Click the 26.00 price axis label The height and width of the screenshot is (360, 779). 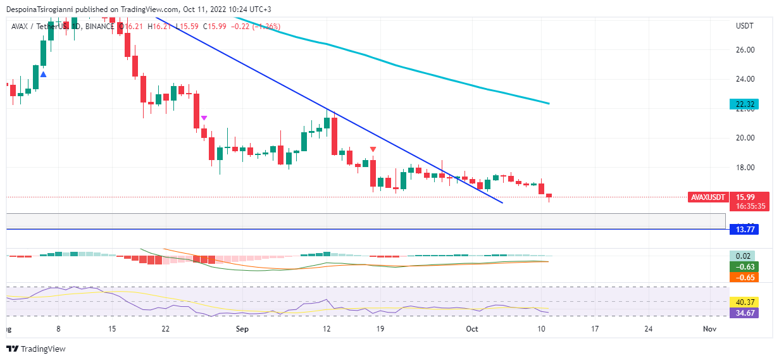click(745, 50)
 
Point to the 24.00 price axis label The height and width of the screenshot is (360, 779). click(745, 80)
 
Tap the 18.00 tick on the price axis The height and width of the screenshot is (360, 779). click(745, 168)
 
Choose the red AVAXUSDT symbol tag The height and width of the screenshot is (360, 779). click(707, 197)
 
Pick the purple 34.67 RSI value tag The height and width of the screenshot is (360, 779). click(744, 313)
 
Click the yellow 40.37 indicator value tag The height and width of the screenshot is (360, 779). click(744, 302)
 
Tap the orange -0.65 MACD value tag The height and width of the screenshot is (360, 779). click(744, 277)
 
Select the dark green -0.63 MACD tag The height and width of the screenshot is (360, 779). click(744, 266)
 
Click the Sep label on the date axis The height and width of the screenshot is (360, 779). click(242, 330)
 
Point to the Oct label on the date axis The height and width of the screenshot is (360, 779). click(472, 330)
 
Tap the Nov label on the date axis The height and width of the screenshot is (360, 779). click(709, 330)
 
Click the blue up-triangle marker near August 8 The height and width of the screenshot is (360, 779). click(43, 75)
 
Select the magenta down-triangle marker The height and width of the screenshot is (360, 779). click(204, 118)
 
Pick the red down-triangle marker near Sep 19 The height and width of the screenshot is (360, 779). click(373, 149)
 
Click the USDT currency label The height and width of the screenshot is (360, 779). click(745, 26)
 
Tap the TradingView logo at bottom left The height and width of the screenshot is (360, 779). click(36, 349)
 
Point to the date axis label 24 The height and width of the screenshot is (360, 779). click(648, 330)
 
